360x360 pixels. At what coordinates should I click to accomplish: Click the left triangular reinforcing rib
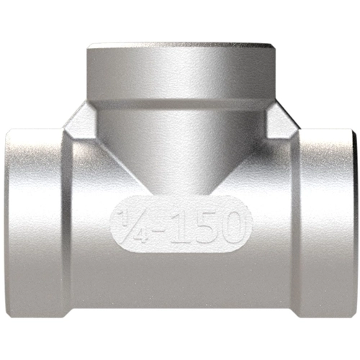coord(81,122)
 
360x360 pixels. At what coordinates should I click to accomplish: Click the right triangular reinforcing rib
coord(279,122)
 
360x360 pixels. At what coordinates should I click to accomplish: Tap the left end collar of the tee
coord(32,223)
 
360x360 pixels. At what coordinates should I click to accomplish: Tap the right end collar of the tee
coord(328,223)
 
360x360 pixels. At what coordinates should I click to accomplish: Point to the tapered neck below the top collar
coord(180,144)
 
